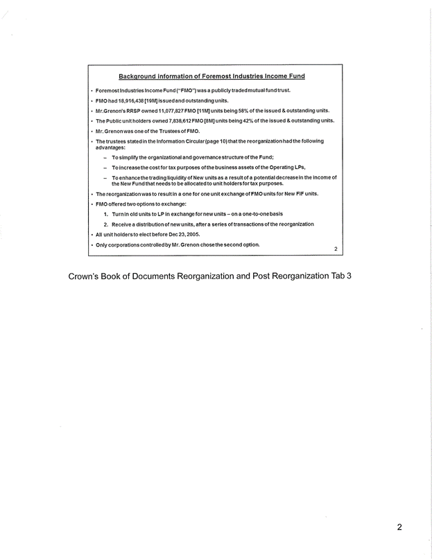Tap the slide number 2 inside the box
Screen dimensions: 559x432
(335, 249)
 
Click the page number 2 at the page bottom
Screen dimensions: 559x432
(399, 527)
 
